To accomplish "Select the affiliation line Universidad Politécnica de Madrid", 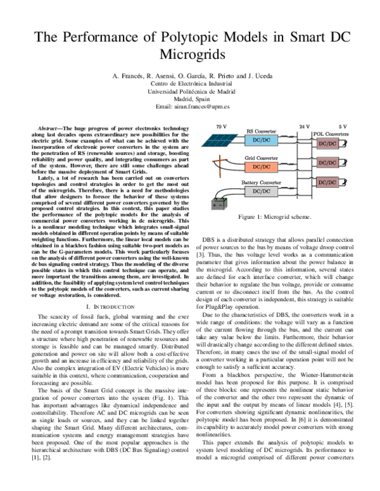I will click(x=190, y=91).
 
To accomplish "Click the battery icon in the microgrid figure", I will click(x=218, y=204).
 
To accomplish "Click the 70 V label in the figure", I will click(x=222, y=127).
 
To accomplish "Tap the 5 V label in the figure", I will click(x=343, y=127).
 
